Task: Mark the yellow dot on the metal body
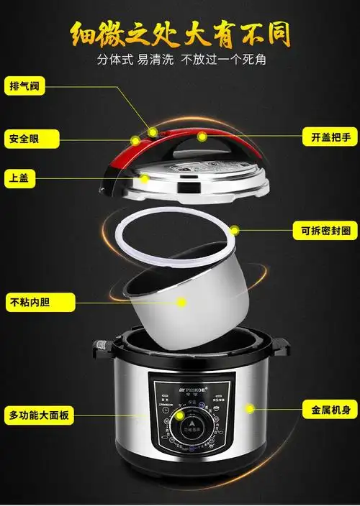251,408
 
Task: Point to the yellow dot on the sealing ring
235,231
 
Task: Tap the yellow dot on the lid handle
202,135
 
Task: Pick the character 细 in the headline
85,33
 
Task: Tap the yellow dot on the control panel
179,415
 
